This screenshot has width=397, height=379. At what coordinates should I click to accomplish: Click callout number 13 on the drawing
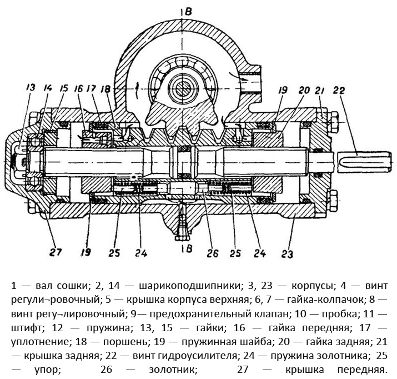click(30, 87)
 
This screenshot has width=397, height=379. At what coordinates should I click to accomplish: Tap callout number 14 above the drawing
click(48, 87)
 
